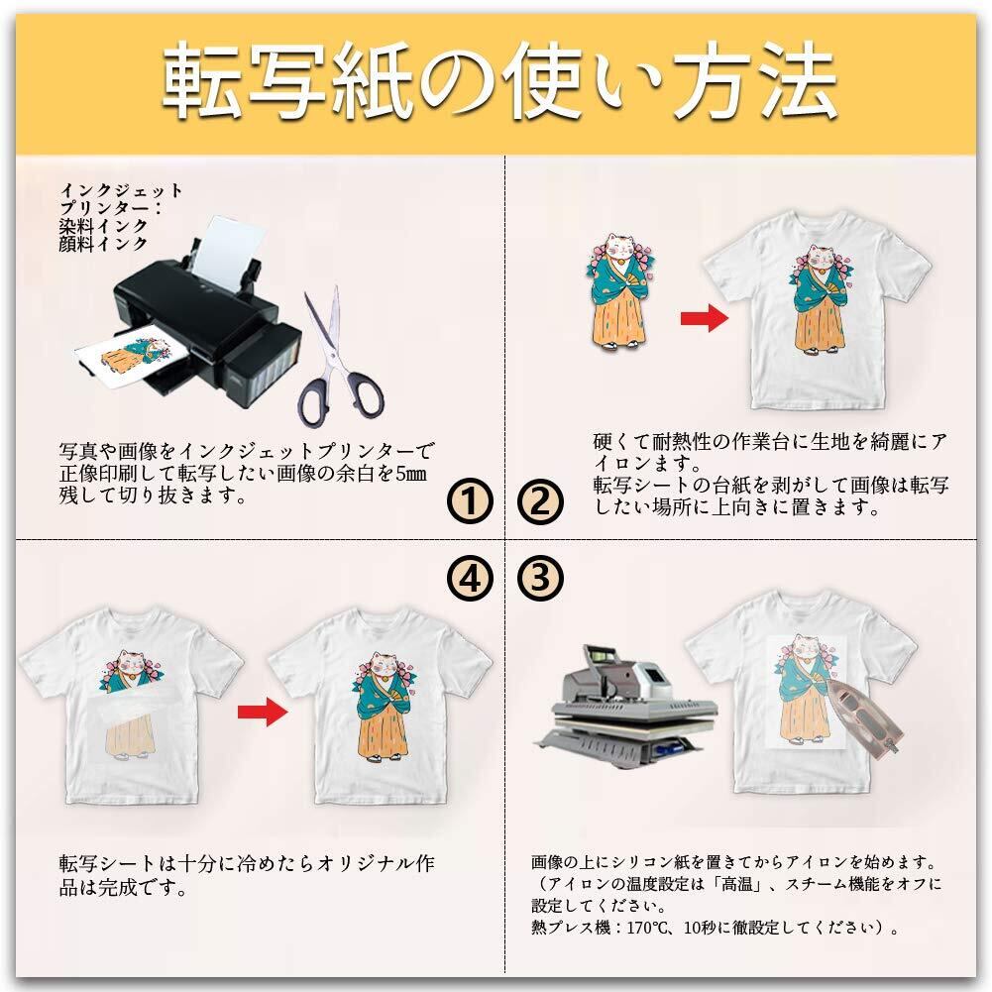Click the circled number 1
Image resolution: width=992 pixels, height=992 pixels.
click(470, 501)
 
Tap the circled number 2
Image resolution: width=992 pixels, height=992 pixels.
click(540, 501)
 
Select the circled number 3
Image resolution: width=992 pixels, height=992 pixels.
click(540, 577)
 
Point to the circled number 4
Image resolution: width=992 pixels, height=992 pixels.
click(470, 577)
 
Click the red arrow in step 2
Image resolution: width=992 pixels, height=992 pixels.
click(705, 317)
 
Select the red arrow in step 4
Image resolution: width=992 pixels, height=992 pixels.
click(263, 712)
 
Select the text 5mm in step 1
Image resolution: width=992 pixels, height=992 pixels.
click(410, 474)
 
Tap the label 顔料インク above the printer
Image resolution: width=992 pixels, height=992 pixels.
click(103, 244)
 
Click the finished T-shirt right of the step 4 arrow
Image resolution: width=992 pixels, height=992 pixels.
click(381, 706)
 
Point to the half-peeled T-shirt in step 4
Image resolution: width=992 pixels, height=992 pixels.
click(132, 706)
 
